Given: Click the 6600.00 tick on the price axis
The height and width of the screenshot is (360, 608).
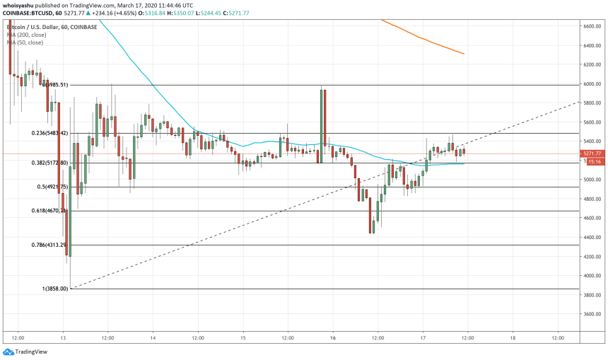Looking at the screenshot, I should tap(592, 25).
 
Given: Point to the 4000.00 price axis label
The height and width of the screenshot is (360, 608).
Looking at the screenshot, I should tap(592, 276).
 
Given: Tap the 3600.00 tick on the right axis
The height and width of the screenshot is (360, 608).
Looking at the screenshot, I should tap(592, 314).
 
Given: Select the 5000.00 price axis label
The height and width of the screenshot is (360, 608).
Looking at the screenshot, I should tap(592, 180).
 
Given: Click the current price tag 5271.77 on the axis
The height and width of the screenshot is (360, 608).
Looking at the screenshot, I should tap(592, 153).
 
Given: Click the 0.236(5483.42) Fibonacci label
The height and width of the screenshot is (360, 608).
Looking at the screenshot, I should tap(49, 133).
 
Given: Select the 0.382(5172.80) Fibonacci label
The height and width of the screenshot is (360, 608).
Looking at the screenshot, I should tap(49, 163).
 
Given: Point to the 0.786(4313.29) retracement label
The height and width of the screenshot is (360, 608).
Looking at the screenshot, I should tap(49, 245).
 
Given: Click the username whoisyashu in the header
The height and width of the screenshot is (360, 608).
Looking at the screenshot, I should tap(21, 4).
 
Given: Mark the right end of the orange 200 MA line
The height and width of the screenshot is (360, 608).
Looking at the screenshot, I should tap(464, 54).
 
